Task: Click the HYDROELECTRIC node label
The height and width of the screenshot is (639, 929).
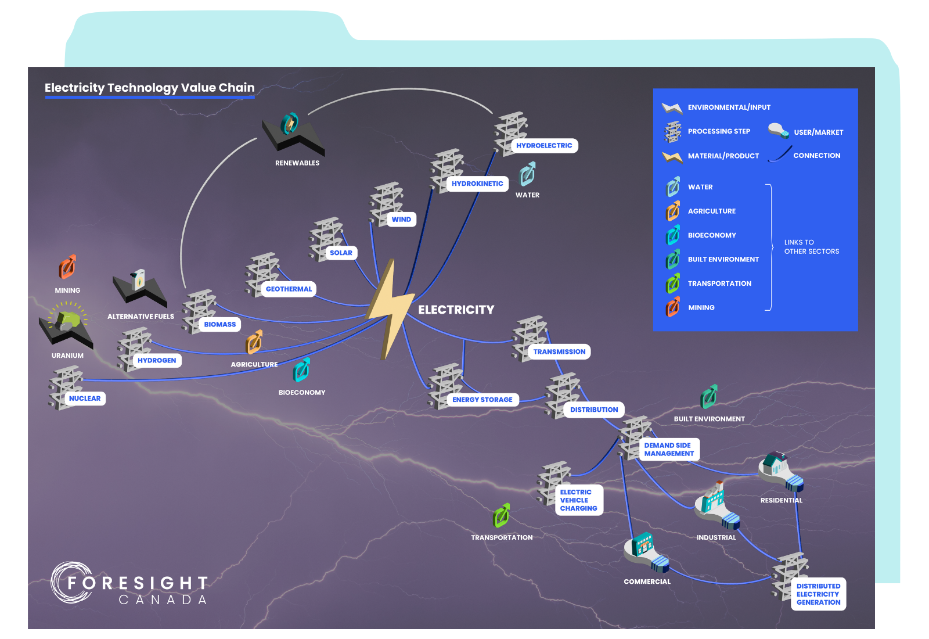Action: point(544,146)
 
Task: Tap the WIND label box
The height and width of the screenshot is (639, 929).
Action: point(401,220)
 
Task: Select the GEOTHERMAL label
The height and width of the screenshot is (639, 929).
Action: point(289,289)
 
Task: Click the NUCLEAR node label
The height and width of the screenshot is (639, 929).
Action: point(85,399)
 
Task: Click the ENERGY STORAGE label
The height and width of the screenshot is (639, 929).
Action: point(482,400)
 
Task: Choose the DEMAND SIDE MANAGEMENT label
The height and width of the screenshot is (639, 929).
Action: point(669,450)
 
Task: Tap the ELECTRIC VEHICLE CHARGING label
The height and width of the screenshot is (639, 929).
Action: point(578,500)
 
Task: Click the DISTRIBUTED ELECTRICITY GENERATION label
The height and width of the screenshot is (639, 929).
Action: point(818,594)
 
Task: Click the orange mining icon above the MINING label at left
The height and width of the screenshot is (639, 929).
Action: point(67,267)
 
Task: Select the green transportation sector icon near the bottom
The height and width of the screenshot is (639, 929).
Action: point(501,516)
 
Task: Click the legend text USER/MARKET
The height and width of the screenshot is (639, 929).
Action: point(818,132)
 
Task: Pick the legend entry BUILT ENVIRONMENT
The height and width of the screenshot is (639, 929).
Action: point(723,260)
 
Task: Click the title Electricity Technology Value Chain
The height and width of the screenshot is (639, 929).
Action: point(150,88)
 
